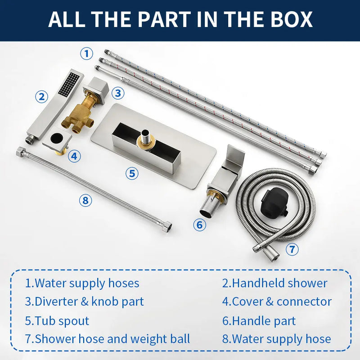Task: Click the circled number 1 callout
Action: (86, 54)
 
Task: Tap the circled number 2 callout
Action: (41, 97)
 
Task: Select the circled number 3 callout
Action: (118, 93)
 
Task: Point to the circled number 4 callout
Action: (74, 156)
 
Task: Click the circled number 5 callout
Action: (132, 173)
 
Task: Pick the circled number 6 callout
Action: (199, 225)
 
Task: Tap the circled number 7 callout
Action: (292, 249)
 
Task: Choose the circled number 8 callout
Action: (85, 200)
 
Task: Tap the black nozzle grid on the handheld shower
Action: (69, 84)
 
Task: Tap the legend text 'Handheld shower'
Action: (279, 283)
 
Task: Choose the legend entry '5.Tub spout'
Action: (57, 321)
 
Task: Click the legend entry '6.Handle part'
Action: (259, 321)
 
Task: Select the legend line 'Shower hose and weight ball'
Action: (112, 339)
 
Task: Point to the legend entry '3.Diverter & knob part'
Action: (84, 301)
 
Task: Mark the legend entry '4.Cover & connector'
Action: (277, 301)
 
